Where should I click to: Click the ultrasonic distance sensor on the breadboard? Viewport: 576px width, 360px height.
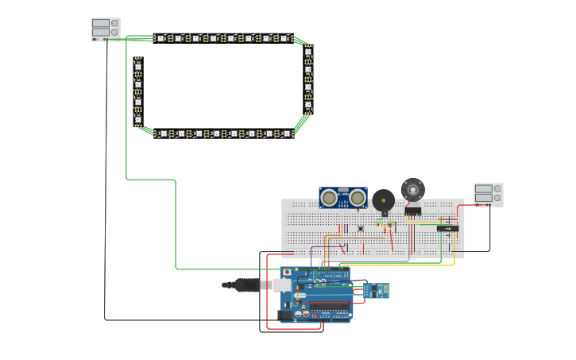tap(342, 197)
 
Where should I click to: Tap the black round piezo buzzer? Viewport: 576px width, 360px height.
tap(383, 200)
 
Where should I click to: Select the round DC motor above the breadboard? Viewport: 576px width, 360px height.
tap(412, 189)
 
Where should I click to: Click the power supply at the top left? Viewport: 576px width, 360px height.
tap(106, 29)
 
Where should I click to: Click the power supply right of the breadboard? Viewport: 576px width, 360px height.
tap(488, 194)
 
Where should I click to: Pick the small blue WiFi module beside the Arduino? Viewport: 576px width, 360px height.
tap(376, 291)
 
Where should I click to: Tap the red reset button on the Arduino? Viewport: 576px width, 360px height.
tap(287, 273)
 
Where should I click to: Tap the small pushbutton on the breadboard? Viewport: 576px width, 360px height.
tap(361, 229)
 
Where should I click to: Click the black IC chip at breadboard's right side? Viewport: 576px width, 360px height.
tap(447, 228)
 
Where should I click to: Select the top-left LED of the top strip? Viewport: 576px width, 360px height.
tap(160, 38)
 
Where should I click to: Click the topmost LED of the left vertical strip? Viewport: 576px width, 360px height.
tap(137, 66)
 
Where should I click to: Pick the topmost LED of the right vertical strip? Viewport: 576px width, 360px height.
tap(308, 52)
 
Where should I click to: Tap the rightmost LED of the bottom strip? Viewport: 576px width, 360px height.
tap(286, 134)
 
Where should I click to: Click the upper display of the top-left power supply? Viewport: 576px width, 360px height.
tap(100, 24)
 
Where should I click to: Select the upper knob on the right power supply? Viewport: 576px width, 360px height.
tap(497, 189)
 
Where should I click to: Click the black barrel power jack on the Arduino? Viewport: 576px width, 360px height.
tap(285, 315)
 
